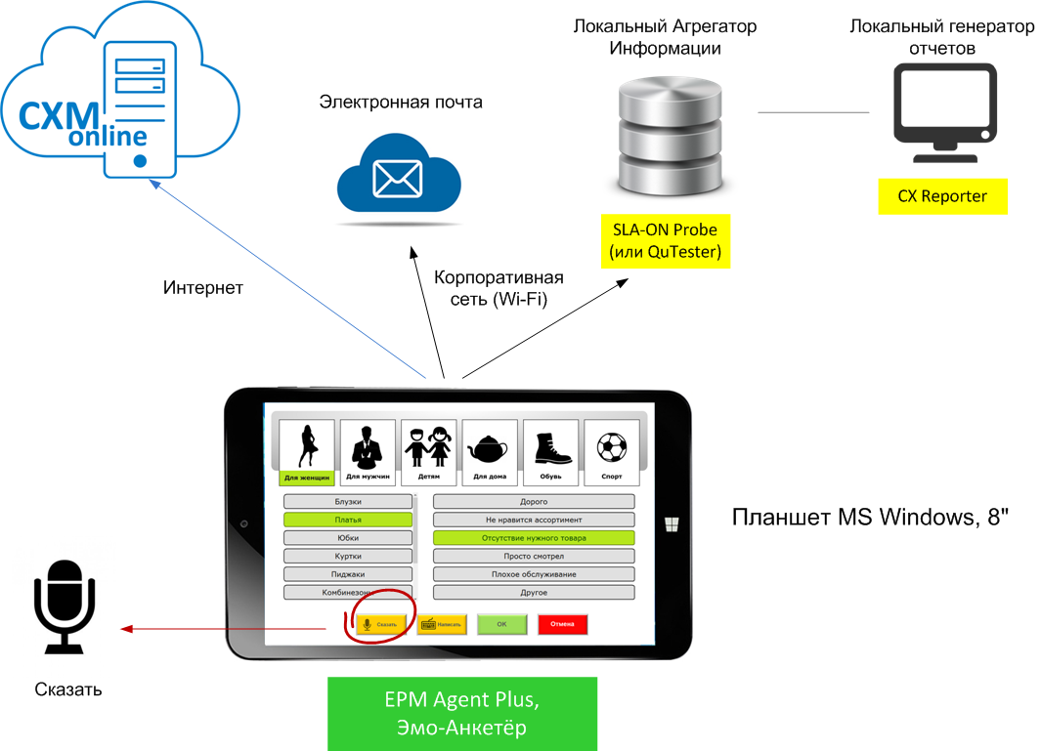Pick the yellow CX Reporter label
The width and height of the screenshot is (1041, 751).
tap(942, 196)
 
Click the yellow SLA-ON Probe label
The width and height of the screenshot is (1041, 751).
tap(664, 241)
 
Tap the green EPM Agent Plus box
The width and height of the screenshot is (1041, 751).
tap(461, 714)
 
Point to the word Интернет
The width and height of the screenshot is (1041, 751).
tap(203, 288)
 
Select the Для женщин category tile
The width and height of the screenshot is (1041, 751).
tap(306, 452)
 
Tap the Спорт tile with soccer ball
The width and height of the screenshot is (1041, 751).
tap(611, 452)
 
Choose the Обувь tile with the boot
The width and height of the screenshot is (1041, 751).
tap(550, 452)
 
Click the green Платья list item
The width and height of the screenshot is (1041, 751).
tap(348, 520)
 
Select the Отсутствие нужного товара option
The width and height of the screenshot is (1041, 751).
tap(534, 537)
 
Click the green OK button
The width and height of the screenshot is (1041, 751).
tap(501, 624)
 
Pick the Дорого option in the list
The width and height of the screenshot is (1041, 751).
tap(534, 501)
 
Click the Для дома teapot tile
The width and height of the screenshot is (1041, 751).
tap(489, 452)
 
